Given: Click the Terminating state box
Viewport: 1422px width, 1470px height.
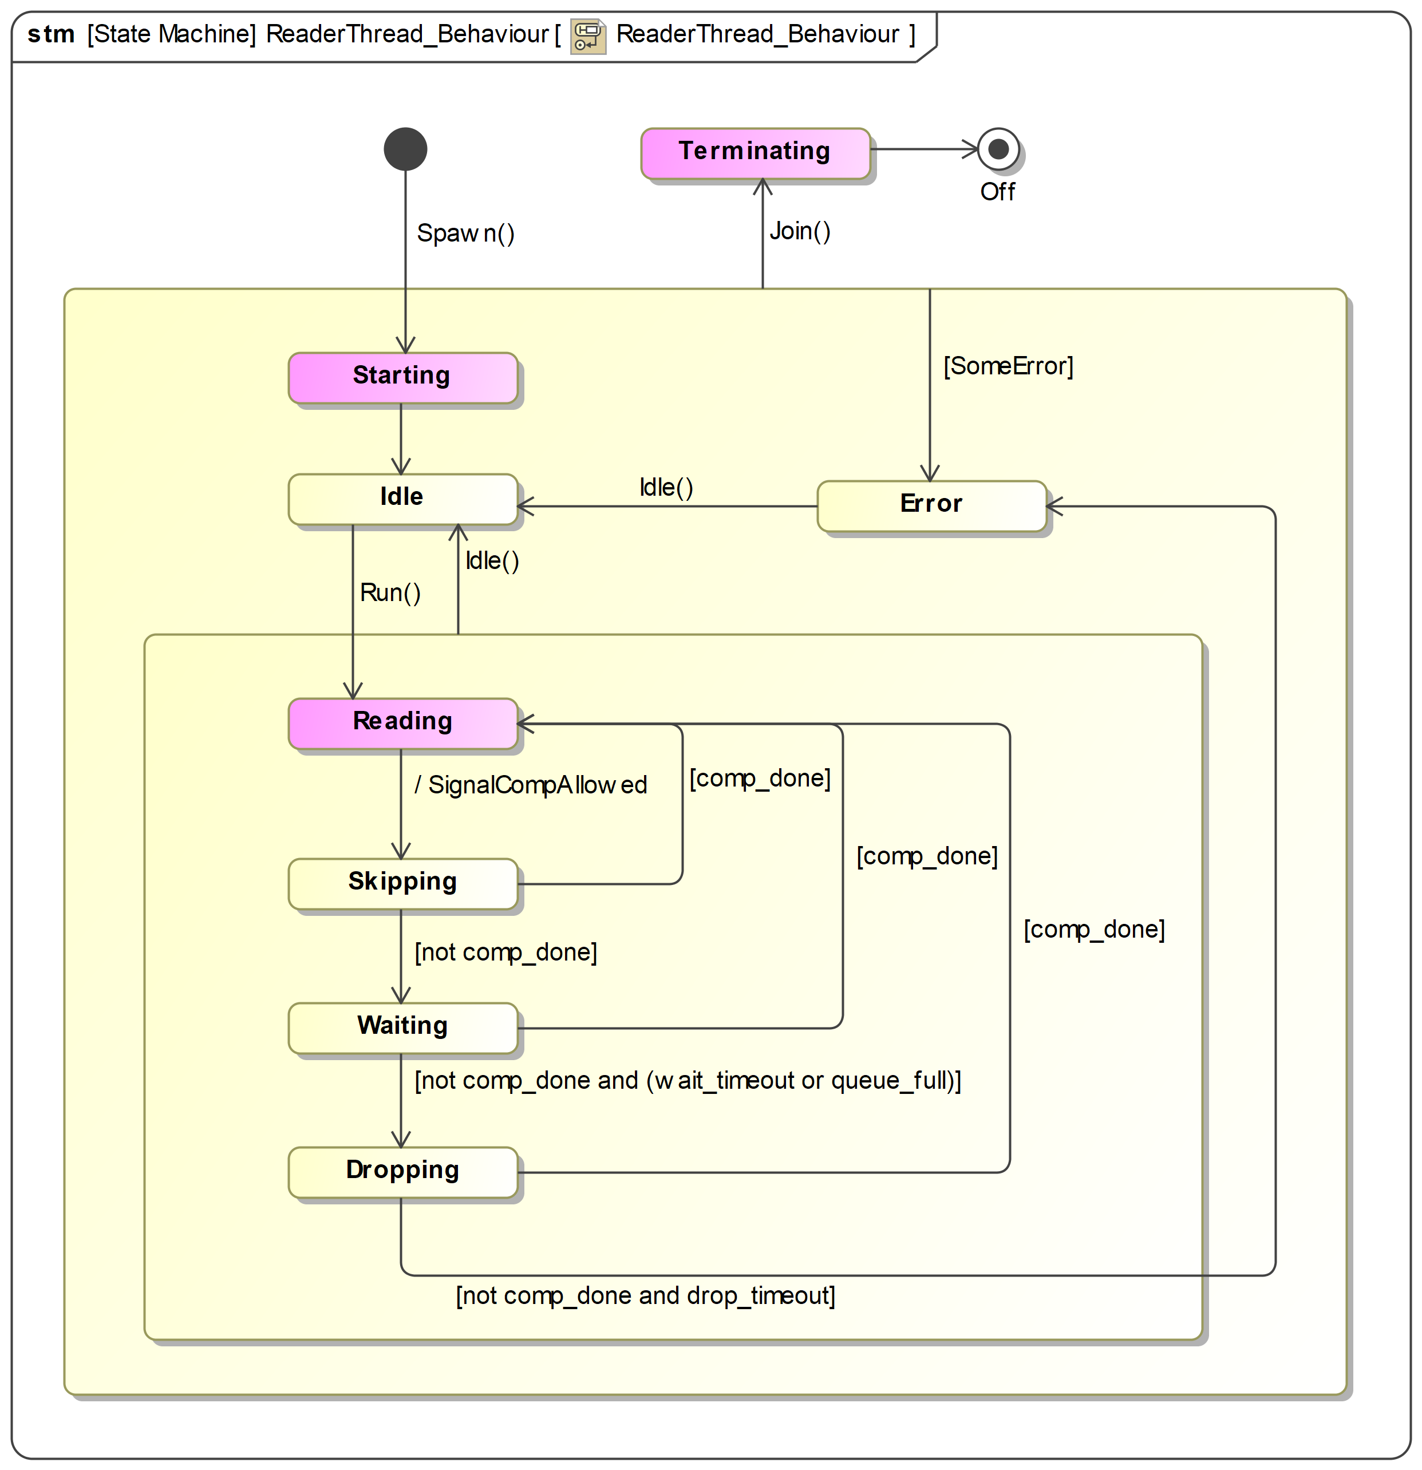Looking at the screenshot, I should (x=755, y=153).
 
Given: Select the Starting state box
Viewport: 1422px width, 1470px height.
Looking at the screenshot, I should (x=403, y=377).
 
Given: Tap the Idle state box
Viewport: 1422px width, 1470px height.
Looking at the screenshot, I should (x=403, y=499).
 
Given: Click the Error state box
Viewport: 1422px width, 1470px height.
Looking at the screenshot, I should (x=931, y=505).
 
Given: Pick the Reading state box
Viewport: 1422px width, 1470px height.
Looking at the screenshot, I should (x=403, y=723).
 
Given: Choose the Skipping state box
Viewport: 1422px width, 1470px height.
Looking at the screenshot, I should (x=403, y=883).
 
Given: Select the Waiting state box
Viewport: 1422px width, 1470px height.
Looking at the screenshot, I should (x=403, y=1028).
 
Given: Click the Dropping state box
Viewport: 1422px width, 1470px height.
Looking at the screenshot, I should (x=403, y=1172).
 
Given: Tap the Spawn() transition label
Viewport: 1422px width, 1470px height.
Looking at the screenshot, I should (x=465, y=233).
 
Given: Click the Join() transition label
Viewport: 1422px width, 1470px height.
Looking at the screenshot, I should (x=800, y=231).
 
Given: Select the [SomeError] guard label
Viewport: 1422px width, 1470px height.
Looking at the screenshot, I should (x=1008, y=366).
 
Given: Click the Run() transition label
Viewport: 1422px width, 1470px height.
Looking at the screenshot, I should (x=390, y=592).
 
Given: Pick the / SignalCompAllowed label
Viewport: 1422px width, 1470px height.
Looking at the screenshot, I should (x=530, y=784).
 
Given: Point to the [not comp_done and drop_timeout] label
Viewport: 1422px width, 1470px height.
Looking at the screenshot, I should (x=645, y=1295).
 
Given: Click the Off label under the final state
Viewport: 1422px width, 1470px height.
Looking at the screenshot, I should (x=997, y=191).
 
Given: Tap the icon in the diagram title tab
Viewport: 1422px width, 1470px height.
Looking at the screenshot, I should (x=587, y=35).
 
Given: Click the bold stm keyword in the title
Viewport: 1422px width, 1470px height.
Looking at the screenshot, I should (x=51, y=34).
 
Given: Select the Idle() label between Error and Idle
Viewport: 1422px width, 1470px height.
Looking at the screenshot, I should (x=666, y=488).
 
